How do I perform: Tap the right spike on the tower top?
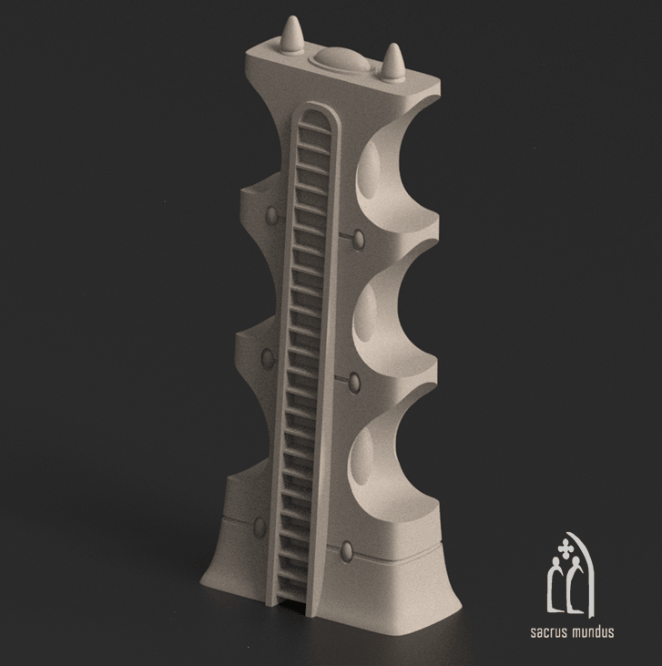coord(394,63)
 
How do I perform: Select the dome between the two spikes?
coord(339,59)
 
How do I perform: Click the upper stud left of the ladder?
coord(271,216)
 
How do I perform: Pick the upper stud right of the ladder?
coord(359,239)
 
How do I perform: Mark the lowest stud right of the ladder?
coord(347,550)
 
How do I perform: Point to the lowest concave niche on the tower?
coord(387,465)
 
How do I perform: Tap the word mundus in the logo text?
coord(591,631)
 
